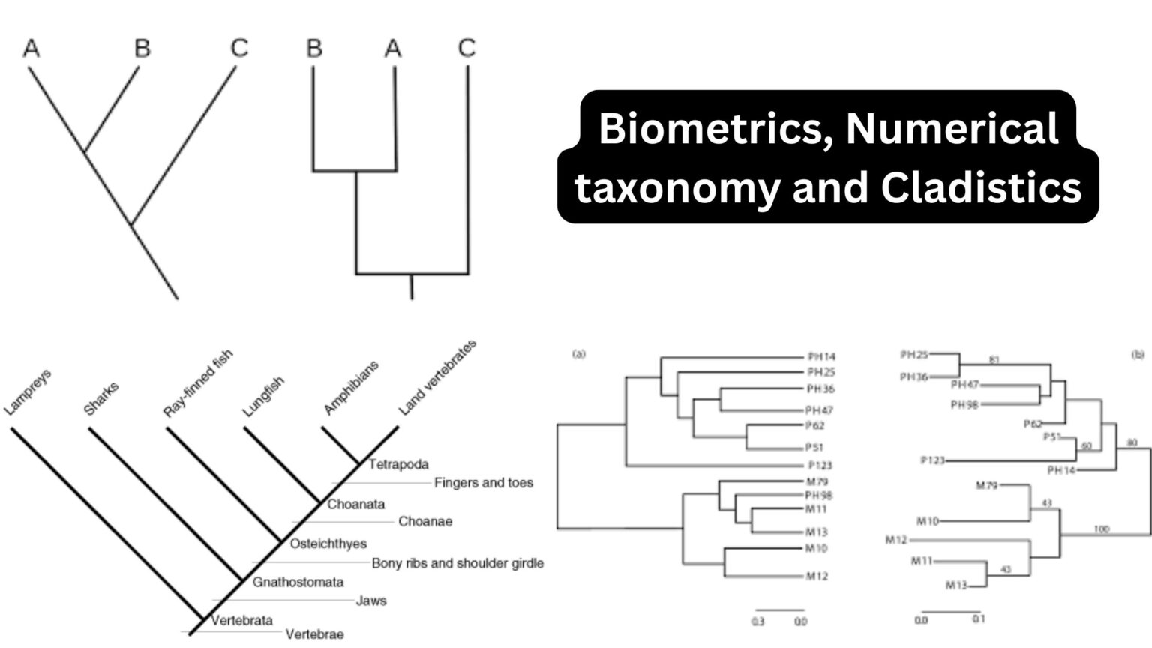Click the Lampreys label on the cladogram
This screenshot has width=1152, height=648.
click(x=28, y=392)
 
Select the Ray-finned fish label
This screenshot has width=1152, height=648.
click(x=198, y=383)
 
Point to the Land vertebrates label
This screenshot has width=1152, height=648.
click(x=436, y=377)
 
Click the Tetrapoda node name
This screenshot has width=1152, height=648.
click(x=398, y=465)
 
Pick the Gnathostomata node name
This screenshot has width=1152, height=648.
click(x=298, y=582)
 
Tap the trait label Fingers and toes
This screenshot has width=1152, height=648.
click(x=484, y=483)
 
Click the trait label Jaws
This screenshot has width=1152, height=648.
click(x=371, y=601)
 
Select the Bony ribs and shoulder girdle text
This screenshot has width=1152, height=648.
click(x=457, y=563)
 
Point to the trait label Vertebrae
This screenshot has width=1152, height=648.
click(x=314, y=634)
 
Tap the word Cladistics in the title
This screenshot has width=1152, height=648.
click(x=981, y=187)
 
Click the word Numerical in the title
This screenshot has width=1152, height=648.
click(x=952, y=128)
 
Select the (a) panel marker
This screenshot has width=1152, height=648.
click(x=578, y=354)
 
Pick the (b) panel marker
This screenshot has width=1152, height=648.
click(x=1138, y=354)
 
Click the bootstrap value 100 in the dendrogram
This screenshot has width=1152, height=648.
click(x=1101, y=529)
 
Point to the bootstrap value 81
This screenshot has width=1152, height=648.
click(x=994, y=360)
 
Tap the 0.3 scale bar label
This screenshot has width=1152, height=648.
click(x=757, y=622)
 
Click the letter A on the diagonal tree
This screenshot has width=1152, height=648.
click(x=31, y=49)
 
